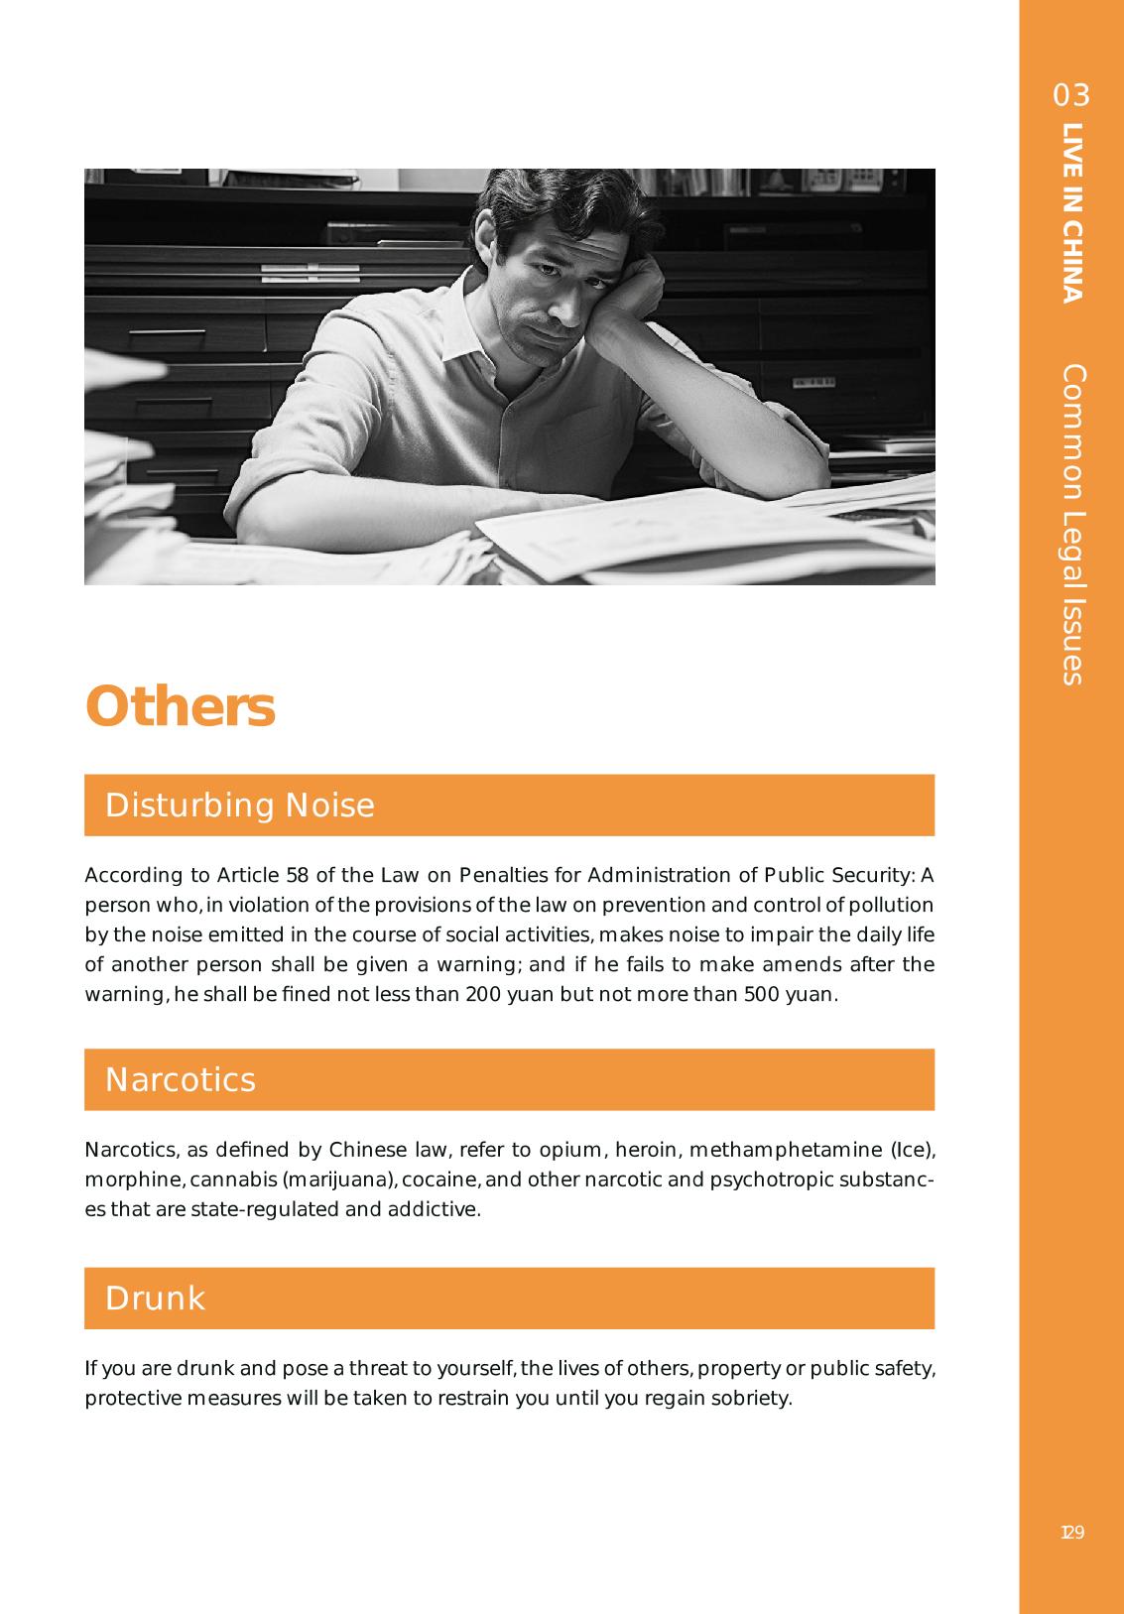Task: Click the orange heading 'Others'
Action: pos(180,707)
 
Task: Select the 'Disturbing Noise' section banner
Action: pos(509,805)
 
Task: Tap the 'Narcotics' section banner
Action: pos(509,1079)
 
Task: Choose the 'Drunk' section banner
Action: pos(509,1298)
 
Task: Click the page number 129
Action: pos(1071,1533)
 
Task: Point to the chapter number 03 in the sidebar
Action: pos(1071,95)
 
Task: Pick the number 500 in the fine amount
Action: pos(761,994)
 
